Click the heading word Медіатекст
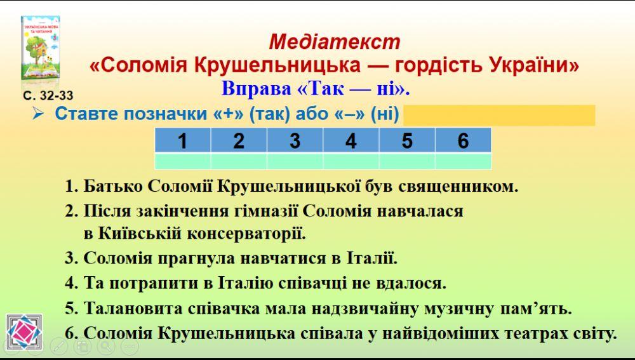click(x=335, y=42)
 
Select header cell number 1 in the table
click(x=183, y=140)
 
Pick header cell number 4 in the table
click(x=351, y=140)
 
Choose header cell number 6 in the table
click(x=463, y=140)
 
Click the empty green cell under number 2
click(x=239, y=161)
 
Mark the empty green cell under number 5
click(x=407, y=161)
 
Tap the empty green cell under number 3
click(x=295, y=161)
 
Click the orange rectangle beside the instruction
click(x=499, y=116)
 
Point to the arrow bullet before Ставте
click(x=39, y=114)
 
